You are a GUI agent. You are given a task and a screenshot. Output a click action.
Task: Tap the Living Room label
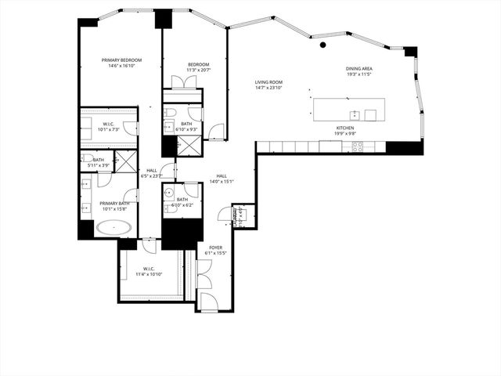[x=268, y=82]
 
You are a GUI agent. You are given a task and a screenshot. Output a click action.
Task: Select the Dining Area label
[x=359, y=69]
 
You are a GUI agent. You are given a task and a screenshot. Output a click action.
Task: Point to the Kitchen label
[x=345, y=128]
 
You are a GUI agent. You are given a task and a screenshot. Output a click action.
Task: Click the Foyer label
[x=214, y=248]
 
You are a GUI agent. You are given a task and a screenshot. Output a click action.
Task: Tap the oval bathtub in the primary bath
[x=114, y=228]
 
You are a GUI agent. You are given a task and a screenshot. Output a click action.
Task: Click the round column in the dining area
[x=323, y=45]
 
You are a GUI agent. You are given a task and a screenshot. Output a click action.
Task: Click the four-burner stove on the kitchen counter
[x=357, y=146]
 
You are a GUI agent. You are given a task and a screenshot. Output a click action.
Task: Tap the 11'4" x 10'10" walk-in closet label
[x=148, y=270]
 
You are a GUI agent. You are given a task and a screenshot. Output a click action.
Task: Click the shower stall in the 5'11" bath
[x=124, y=162]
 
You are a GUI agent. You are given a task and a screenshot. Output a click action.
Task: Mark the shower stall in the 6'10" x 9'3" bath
[x=189, y=145]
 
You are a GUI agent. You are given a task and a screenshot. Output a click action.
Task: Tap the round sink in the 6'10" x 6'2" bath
[x=168, y=192]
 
